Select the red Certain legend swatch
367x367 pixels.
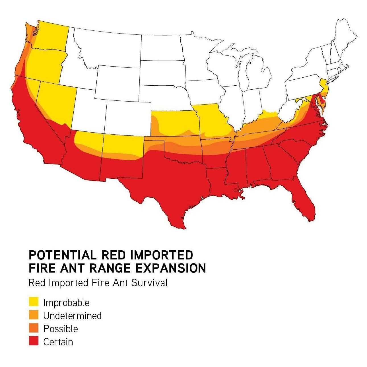(x=34, y=341)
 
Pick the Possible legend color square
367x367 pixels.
(x=34, y=328)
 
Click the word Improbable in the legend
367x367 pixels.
(x=66, y=303)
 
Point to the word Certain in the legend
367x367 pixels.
(x=58, y=342)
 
